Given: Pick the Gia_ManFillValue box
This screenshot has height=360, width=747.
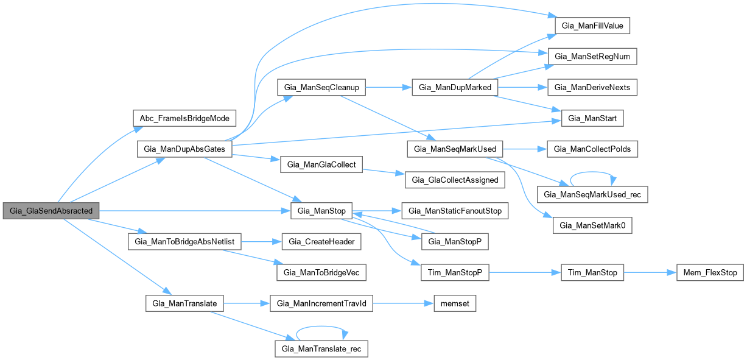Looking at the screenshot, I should click(x=592, y=26).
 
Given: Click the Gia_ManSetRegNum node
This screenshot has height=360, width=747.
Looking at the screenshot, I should click(x=593, y=57).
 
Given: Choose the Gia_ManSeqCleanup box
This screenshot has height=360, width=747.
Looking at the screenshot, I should click(x=321, y=87).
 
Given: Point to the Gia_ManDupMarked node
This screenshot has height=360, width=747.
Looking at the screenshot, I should click(x=455, y=87).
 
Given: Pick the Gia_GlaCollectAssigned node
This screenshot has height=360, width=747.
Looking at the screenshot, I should click(x=455, y=180).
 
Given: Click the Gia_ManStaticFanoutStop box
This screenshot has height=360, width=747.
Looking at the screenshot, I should click(x=455, y=211).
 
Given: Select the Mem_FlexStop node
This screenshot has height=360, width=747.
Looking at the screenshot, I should click(x=707, y=272).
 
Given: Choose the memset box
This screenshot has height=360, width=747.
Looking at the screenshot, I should click(x=454, y=303).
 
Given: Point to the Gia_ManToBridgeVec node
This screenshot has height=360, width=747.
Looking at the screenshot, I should click(x=321, y=272).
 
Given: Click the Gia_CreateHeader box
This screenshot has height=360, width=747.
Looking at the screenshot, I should click(x=321, y=242).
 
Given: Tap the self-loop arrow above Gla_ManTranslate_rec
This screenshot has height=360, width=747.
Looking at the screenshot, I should click(x=321, y=334).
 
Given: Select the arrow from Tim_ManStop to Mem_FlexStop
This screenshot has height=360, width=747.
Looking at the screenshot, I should click(x=650, y=272).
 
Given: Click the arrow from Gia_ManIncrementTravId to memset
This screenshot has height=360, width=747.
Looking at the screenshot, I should click(x=402, y=303).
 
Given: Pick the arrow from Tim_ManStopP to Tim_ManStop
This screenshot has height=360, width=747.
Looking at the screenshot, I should click(x=525, y=272).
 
